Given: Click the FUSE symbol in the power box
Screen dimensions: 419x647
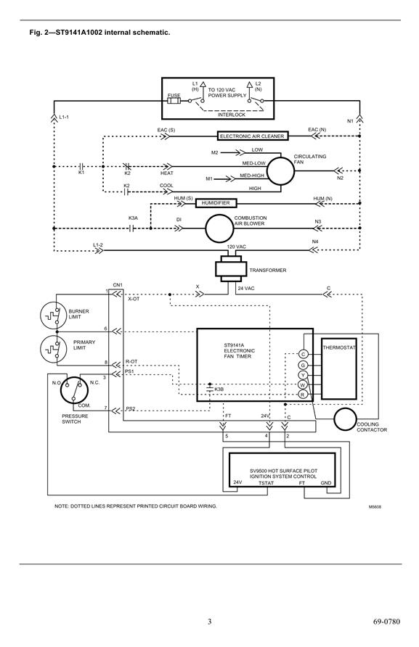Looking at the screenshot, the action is tap(174, 101).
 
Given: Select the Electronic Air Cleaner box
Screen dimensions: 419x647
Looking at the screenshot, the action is tap(252, 136).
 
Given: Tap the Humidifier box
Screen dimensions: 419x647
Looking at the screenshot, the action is tap(215, 203).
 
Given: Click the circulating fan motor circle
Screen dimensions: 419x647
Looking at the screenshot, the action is tap(280, 171).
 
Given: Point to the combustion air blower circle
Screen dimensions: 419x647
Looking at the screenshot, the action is tap(219, 228).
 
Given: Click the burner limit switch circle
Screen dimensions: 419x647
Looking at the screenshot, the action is tap(53, 316).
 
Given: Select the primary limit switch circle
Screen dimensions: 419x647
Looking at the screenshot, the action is tap(53, 349).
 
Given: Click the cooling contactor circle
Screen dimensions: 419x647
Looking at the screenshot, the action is tap(345, 420).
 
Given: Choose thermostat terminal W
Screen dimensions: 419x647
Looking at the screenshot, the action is tap(303, 385).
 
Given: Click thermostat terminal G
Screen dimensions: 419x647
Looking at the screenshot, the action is tap(303, 365).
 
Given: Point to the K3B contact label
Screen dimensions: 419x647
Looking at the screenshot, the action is tap(219, 389).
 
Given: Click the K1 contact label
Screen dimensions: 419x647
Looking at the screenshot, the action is tap(81, 173).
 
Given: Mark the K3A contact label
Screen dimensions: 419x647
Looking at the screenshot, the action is tap(133, 218).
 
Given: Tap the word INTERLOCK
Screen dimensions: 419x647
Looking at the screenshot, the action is tap(232, 115).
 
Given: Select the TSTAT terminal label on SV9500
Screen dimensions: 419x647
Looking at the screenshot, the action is tap(266, 483).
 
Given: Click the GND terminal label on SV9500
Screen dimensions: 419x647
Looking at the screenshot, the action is tap(326, 483).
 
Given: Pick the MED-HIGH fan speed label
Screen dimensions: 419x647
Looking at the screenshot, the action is tap(252, 176).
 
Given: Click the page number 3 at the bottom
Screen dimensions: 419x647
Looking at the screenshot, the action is tap(209, 622).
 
